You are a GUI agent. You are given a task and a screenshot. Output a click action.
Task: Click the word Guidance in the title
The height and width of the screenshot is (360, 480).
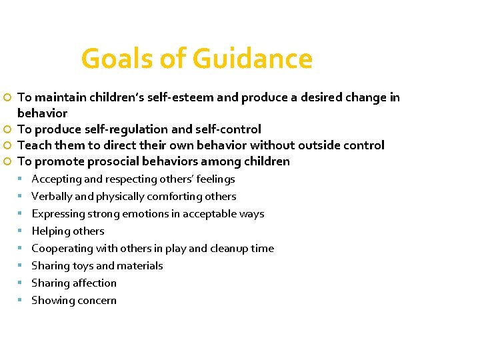[253, 59]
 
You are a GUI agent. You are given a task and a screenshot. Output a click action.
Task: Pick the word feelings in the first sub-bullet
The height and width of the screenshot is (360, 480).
[215, 179]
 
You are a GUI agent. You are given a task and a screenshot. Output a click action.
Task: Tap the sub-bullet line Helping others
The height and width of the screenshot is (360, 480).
[68, 231]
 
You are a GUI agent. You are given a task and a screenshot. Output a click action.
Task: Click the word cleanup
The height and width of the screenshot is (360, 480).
[229, 249]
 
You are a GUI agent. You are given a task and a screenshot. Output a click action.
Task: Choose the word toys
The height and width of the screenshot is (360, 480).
[81, 266]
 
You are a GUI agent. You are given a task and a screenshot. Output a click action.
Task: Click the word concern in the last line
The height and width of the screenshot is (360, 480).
[97, 301]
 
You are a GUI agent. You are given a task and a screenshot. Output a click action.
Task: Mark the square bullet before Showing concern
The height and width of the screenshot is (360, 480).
[22, 301]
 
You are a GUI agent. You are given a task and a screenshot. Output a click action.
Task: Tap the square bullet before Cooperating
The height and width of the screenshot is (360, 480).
[22, 249]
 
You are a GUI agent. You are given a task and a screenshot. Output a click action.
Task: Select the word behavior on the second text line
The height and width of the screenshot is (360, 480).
[42, 113]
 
